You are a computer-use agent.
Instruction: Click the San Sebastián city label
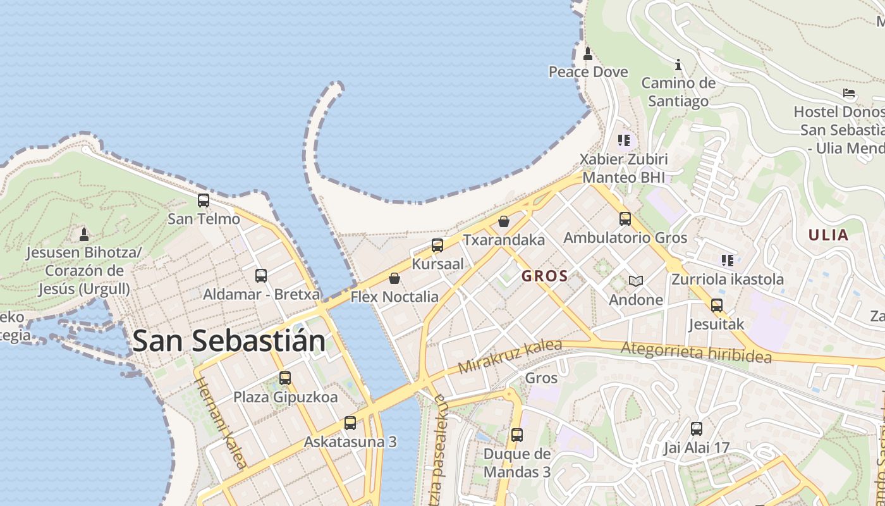229,341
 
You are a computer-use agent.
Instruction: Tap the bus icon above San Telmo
204,201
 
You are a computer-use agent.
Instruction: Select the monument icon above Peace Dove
588,54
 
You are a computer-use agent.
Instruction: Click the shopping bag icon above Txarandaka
504,221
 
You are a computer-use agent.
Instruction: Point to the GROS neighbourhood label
544,276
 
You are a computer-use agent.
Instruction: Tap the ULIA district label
828,235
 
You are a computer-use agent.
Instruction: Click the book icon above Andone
635,281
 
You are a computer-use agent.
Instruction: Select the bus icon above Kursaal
437,245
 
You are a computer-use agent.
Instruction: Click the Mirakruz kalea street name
510,356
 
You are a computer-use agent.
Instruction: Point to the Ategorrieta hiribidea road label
696,352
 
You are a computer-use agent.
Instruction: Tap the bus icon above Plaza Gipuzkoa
285,378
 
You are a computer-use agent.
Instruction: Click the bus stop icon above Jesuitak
716,305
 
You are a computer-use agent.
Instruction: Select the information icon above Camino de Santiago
678,65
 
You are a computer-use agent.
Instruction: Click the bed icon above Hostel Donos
849,93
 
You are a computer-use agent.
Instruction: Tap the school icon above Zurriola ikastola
728,260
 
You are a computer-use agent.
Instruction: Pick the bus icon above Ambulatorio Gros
625,219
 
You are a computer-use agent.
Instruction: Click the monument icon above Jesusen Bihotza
83,235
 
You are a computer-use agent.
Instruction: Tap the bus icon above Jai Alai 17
697,429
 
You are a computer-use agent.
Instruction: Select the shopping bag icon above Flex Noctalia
394,278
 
